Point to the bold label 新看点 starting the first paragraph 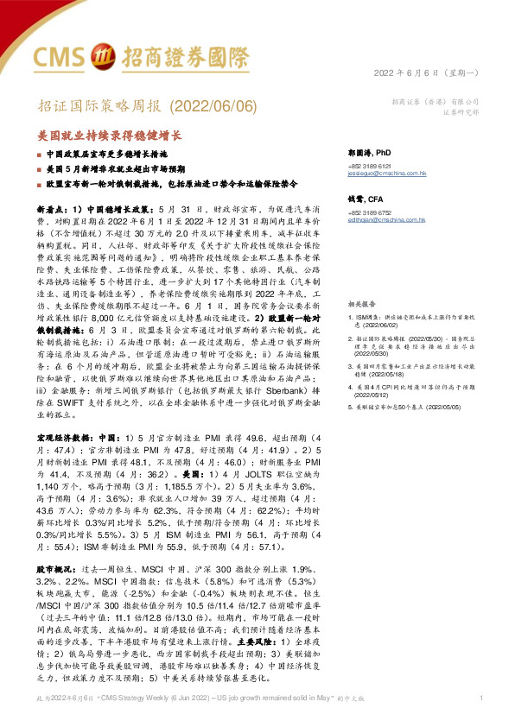point(48,210)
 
